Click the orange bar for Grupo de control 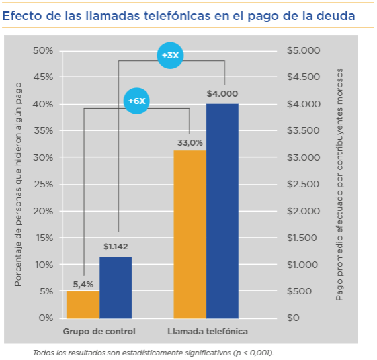click(83, 304)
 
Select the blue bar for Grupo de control click(115, 287)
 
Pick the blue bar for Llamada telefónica click(222, 210)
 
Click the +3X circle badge click(170, 56)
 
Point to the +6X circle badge click(136, 101)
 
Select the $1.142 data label click(115, 247)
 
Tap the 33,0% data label click(189, 142)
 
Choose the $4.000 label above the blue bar click(222, 94)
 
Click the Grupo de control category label click(99, 331)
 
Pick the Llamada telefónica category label click(206, 331)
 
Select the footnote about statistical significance click(153, 353)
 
